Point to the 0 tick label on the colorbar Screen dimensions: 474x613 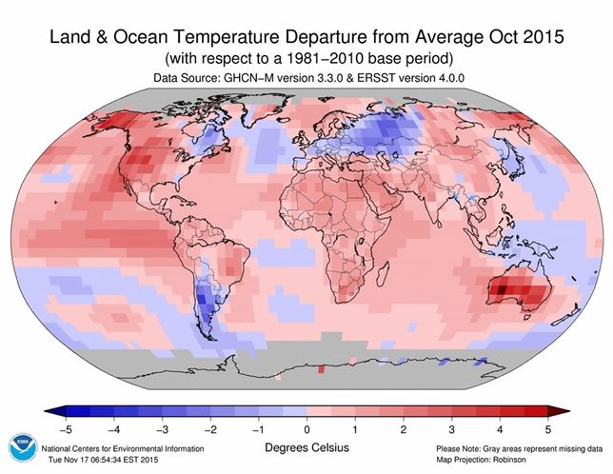(306, 425)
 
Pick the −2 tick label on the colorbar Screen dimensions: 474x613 (207, 425)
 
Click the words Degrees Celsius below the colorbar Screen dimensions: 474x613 (306, 445)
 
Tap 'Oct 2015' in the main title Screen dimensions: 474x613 (523, 38)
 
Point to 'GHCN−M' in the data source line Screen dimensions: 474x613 (249, 75)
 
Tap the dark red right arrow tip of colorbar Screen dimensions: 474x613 (565, 410)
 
